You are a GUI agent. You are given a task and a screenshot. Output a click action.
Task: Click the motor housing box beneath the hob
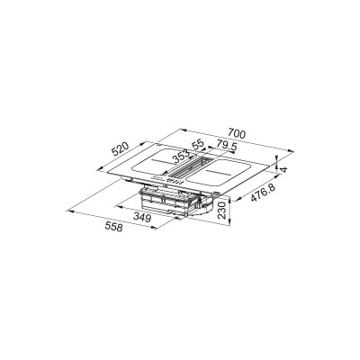pos(171,200)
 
